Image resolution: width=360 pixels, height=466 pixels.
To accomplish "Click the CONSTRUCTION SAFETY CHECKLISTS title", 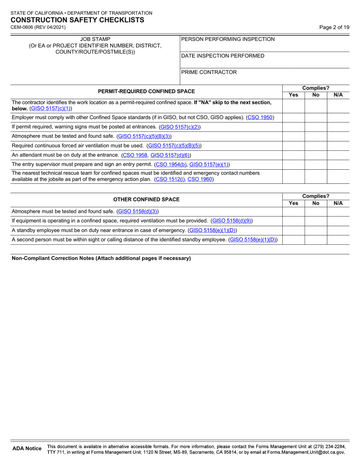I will (77, 20).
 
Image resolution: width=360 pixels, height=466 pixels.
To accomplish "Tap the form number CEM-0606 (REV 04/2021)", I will (38, 27).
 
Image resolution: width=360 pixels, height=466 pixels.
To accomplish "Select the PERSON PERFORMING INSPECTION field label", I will (228, 39).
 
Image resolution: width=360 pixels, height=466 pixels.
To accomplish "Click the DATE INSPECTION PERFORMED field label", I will (223, 56).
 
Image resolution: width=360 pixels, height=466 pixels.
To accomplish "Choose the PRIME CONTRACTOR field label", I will (209, 72).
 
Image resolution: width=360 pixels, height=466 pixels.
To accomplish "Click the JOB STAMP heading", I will (95, 39).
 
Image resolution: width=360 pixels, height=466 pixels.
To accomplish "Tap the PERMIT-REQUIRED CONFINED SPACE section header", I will (146, 91).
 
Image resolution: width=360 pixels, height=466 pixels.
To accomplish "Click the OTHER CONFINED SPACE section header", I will (146, 199).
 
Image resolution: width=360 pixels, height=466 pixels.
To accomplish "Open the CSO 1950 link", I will (260, 117).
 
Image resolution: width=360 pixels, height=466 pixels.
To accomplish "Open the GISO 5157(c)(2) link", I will (180, 127).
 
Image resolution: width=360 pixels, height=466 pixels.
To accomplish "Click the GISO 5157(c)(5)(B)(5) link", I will (174, 145).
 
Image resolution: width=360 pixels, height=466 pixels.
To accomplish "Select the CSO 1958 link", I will (134, 155).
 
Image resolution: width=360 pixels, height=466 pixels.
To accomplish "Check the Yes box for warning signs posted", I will (294, 127).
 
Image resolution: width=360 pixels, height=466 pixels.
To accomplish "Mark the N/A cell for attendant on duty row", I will (338, 155).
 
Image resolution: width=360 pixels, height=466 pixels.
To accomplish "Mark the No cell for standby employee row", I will (316, 230).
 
